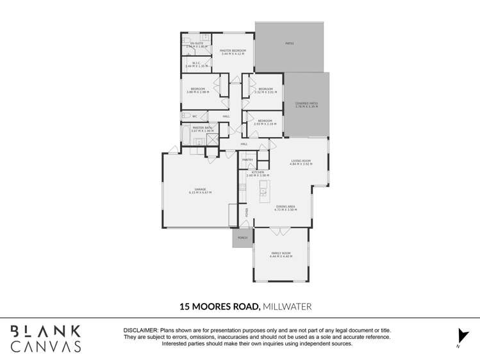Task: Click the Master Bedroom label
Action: pos(233,51)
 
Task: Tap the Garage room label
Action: pos(200,190)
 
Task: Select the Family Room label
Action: pos(281,254)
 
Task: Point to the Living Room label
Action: pos(300,162)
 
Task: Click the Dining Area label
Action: pos(286,208)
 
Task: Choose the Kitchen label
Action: pos(258,173)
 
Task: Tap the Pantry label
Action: pos(248,159)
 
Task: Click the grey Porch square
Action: pos(242,238)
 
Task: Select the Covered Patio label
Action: pos(306,104)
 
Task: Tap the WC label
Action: pos(195,116)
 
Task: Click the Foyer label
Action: pos(247,212)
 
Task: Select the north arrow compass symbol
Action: pos(462,336)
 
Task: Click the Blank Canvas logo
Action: pos(46,338)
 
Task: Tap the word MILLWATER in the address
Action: pos(288,306)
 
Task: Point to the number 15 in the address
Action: pos(185,306)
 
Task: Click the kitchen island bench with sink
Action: pos(263,191)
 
